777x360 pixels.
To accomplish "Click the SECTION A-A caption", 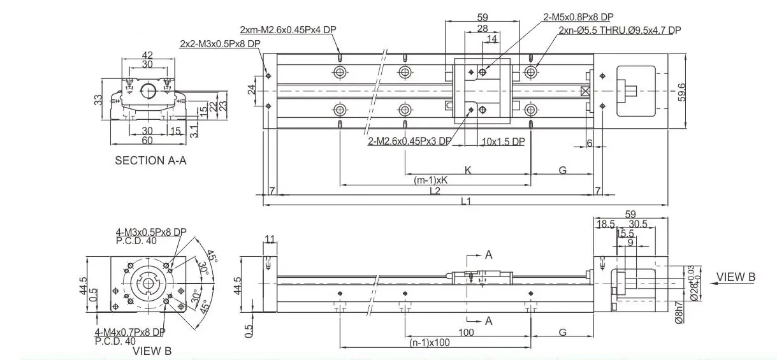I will [150, 161].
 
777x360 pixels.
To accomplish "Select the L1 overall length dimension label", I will [466, 201].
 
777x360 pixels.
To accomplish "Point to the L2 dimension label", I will [435, 191].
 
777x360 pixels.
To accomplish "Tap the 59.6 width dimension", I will [681, 91].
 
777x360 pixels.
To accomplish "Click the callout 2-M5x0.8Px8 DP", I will [578, 18].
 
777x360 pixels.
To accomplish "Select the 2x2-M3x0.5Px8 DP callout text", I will [220, 43].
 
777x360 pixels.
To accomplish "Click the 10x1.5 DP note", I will [503, 141].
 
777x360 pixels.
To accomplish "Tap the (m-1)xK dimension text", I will [431, 180].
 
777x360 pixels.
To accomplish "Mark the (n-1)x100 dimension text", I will [431, 343].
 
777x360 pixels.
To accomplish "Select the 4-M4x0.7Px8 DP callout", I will [130, 332].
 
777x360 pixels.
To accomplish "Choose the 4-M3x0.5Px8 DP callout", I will [151, 232].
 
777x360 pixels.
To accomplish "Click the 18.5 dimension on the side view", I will [606, 224].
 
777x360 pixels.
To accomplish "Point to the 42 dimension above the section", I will [147, 55].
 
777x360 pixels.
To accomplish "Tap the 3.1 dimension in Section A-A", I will [194, 131].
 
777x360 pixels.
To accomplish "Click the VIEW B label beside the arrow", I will [736, 277].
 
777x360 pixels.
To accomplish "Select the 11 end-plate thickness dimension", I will [270, 240].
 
